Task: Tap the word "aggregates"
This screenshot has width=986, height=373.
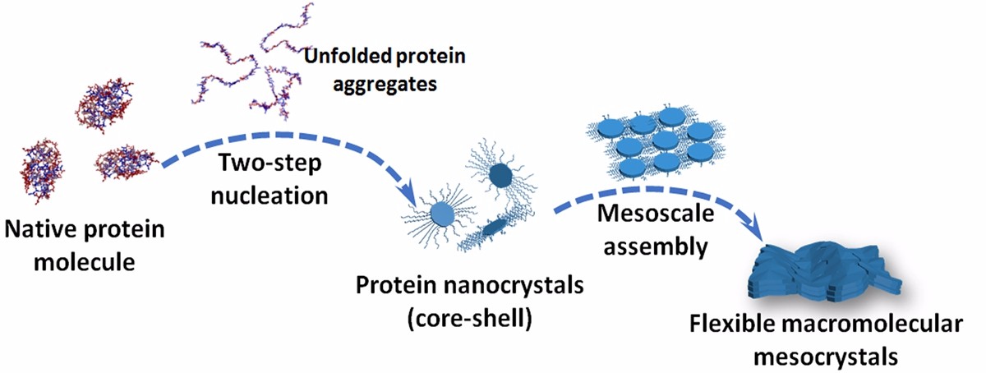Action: [385, 84]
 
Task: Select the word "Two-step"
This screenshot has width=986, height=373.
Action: [270, 163]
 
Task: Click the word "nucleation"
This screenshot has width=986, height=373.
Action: [270, 196]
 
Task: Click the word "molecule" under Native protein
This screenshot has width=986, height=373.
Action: [85, 262]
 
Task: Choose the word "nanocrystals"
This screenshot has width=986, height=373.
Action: [514, 285]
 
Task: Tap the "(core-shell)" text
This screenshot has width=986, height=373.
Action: [470, 318]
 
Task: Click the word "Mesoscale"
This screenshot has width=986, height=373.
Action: [656, 214]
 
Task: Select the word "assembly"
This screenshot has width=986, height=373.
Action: [656, 246]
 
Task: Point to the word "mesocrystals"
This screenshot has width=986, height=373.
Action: [826, 357]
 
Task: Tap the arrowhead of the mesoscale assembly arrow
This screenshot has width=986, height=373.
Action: [754, 228]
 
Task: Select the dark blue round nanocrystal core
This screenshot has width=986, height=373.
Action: [501, 176]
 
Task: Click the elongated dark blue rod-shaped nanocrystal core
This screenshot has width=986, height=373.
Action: [495, 228]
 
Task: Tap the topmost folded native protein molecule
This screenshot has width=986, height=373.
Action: [105, 105]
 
